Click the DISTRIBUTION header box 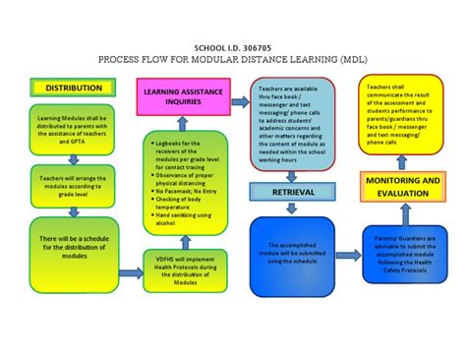point(69,88)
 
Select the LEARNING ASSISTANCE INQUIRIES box point(182,97)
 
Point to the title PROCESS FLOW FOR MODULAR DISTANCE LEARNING point(232,60)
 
